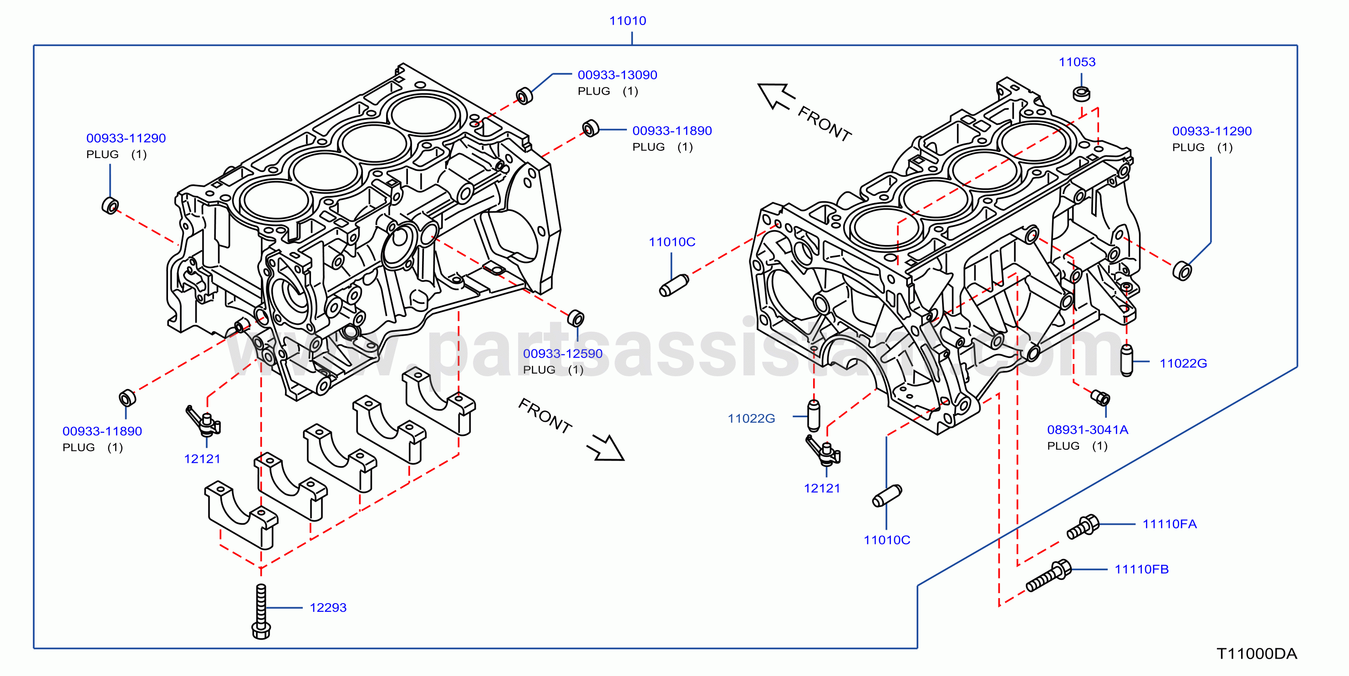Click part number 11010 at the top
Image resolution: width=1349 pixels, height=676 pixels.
[627, 21]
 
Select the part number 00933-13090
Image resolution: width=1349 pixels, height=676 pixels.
[617, 75]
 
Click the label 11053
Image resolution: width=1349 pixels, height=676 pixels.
[1077, 62]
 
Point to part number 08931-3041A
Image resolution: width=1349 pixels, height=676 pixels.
[1087, 430]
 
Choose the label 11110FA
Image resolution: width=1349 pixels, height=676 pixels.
[1169, 524]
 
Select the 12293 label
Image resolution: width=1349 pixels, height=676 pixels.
[328, 608]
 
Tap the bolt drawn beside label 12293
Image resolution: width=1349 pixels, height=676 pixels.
[261, 612]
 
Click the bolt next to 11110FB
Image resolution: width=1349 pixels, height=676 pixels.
[1049, 576]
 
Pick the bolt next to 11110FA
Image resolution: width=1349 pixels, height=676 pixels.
[1083, 526]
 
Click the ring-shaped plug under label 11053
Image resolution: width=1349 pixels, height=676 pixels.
[1081, 94]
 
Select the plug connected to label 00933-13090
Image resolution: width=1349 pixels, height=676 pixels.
[524, 96]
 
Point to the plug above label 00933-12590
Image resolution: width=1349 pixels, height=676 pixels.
[575, 318]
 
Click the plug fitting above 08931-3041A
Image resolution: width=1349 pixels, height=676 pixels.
[1100, 398]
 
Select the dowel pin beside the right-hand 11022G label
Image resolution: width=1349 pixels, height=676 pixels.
[1126, 360]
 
